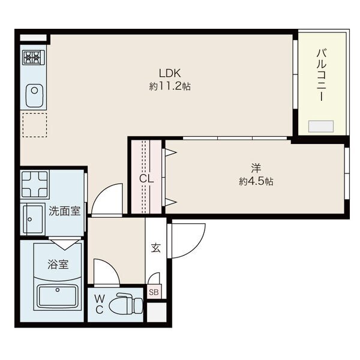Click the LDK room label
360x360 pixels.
(x=170, y=73)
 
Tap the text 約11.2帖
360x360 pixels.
(x=170, y=86)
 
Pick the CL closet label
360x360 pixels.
(x=146, y=178)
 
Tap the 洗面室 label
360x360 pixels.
(x=64, y=211)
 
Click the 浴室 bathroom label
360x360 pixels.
(x=58, y=264)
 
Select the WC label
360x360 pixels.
(x=99, y=305)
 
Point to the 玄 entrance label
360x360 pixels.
(x=155, y=247)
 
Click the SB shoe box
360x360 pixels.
(x=154, y=292)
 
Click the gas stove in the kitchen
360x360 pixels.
(x=34, y=58)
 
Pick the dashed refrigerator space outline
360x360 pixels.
(x=34, y=125)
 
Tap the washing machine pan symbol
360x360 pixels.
(x=34, y=185)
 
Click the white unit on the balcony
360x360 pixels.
(x=320, y=126)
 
